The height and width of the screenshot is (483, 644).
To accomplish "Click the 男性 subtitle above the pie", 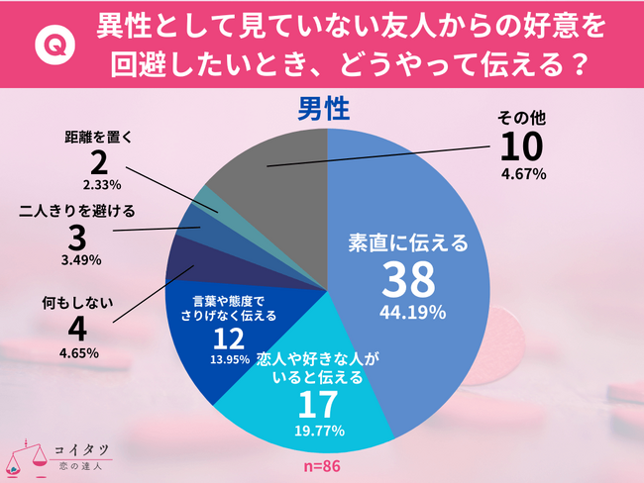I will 323,106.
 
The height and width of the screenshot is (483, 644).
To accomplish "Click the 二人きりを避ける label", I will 76,210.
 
